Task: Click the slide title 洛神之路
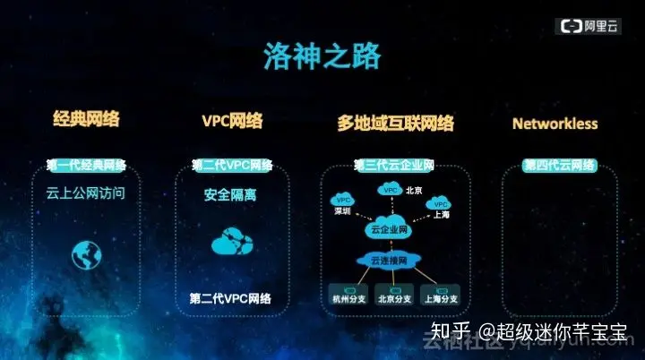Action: tap(322, 56)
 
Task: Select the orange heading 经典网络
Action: tap(87, 119)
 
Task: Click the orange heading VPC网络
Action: tap(232, 121)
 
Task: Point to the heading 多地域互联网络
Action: tap(395, 123)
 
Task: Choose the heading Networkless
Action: tap(555, 124)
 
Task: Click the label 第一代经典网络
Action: tap(87, 166)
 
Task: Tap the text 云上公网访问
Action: tap(86, 193)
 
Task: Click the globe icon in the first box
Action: tap(87, 255)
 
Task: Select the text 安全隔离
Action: tap(230, 193)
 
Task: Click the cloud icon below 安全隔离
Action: tap(231, 243)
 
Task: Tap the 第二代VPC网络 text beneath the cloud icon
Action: tap(230, 298)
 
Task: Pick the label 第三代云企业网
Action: tap(394, 166)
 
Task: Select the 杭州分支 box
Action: tap(343, 297)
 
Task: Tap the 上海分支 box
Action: tap(441, 297)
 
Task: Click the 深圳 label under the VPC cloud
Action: tap(342, 212)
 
